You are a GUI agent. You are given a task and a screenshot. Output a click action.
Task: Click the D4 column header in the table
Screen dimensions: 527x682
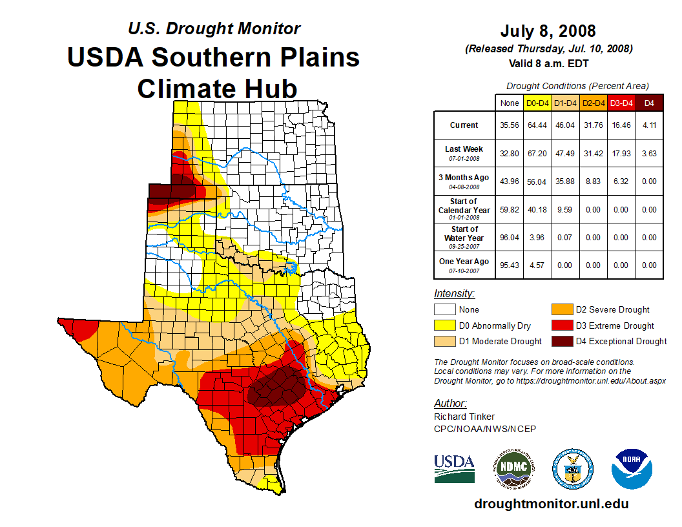[649, 103]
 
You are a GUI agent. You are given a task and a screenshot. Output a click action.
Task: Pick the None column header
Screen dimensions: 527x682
[509, 103]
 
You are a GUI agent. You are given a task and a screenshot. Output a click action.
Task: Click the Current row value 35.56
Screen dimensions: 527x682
[509, 125]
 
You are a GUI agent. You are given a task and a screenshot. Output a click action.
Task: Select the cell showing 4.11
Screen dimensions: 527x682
[649, 125]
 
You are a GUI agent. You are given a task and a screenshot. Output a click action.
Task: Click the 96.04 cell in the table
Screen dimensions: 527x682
[509, 237]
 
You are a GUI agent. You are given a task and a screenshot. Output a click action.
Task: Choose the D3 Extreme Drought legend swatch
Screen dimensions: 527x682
[561, 325]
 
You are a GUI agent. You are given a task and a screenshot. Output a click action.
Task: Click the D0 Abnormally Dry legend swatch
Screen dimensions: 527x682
[444, 325]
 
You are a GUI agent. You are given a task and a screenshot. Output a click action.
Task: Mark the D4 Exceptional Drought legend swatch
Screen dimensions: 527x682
[561, 341]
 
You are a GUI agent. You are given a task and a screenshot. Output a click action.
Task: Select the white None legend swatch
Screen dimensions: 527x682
[444, 310]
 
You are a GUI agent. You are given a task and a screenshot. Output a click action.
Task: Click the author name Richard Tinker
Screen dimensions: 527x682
[464, 417]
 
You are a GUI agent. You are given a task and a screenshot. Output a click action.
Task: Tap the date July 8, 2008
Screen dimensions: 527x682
[548, 31]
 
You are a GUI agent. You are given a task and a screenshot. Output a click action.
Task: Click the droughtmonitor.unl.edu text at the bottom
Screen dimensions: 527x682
[551, 504]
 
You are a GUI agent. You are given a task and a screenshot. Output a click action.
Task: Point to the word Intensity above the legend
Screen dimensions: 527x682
[454, 294]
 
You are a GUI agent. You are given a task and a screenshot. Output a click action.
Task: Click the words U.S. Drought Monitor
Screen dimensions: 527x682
[214, 28]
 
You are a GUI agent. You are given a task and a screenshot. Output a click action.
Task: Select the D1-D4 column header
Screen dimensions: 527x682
[565, 103]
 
